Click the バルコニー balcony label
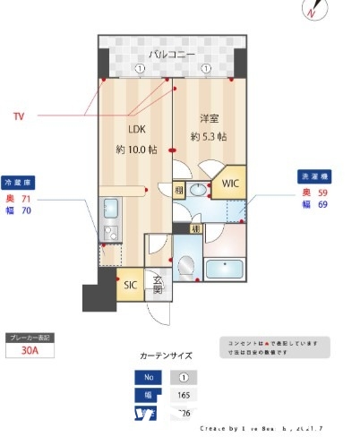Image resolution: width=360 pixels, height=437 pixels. [x=172, y=55]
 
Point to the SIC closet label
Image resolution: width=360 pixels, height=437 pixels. [x=131, y=286]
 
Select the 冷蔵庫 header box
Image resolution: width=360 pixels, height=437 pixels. [x=18, y=180]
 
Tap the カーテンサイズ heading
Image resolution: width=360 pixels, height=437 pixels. [x=167, y=356]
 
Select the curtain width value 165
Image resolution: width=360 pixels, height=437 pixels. [x=183, y=394]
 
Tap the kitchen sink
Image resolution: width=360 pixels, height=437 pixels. [x=112, y=210]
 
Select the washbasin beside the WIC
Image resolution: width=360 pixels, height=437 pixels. [x=197, y=210]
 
